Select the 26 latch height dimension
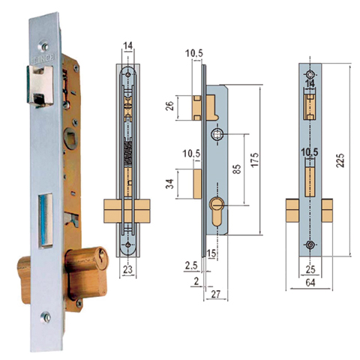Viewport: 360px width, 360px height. [x=171, y=109]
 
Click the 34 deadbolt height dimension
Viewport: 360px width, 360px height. [x=171, y=184]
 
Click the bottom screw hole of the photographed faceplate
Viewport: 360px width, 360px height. [x=46, y=318]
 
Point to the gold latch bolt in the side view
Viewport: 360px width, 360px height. [x=198, y=108]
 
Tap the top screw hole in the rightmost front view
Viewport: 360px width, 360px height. [x=310, y=75]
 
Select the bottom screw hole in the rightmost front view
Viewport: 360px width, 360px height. [x=310, y=245]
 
